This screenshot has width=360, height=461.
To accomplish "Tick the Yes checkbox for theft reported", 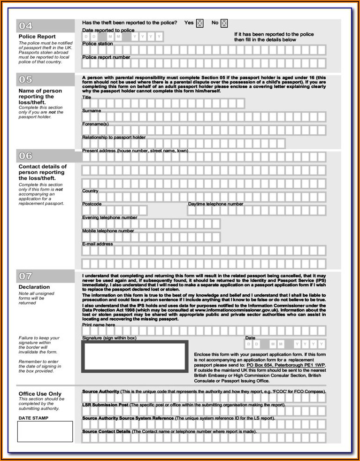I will click(x=199, y=23).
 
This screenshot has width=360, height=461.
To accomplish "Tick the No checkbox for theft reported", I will click(x=224, y=23).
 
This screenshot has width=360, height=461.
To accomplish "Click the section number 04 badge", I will click(x=25, y=26).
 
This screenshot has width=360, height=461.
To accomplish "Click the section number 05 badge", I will click(x=25, y=79).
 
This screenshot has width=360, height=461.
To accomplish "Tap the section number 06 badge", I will click(x=25, y=155).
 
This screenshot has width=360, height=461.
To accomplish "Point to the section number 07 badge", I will click(x=25, y=276).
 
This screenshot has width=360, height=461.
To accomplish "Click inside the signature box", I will click(x=134, y=356).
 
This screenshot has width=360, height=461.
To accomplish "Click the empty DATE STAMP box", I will click(x=45, y=431).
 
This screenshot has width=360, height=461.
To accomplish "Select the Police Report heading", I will click(x=37, y=37).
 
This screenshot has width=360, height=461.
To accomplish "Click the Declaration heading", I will click(x=34, y=287).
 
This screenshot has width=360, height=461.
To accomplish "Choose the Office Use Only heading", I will click(x=40, y=393).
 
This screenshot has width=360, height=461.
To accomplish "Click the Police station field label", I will click(x=98, y=44).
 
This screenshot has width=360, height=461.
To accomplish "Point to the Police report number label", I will click(x=106, y=57).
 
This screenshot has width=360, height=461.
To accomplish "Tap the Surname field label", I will click(x=92, y=111).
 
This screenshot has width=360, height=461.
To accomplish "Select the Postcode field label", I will click(x=92, y=204).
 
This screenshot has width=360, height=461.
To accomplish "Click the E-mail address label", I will click(x=98, y=244).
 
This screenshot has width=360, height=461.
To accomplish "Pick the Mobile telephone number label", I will click(x=108, y=231).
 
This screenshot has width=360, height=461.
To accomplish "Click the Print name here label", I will click(x=99, y=325).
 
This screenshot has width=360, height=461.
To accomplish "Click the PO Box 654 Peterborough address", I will click(x=286, y=365).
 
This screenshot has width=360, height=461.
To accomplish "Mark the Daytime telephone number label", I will click(x=215, y=204).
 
